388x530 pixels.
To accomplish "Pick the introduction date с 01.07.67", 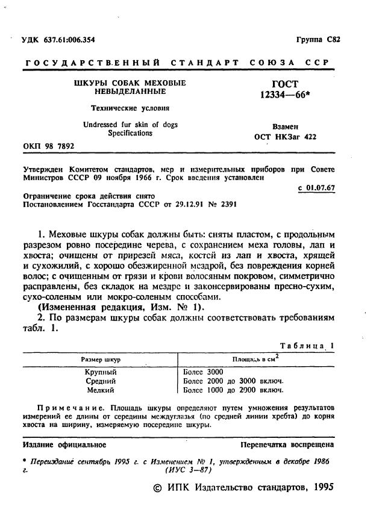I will click(x=316, y=188).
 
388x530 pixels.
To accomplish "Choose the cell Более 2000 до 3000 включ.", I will click(x=233, y=381).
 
